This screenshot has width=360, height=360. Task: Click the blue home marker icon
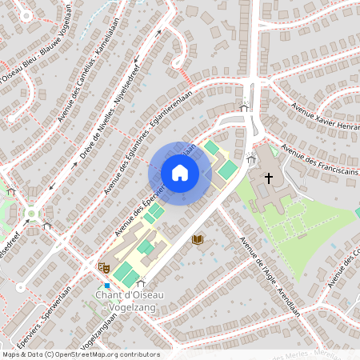click(x=179, y=173)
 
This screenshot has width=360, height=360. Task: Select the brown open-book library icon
click(x=197, y=238)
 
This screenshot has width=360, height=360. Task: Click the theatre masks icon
click(x=102, y=266)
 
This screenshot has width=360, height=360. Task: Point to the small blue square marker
click(x=106, y=285)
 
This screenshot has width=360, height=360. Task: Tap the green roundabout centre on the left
click(x=31, y=214)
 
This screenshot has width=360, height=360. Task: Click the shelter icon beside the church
click(x=252, y=160)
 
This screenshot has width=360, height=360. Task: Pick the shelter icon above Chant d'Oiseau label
click(x=141, y=282)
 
